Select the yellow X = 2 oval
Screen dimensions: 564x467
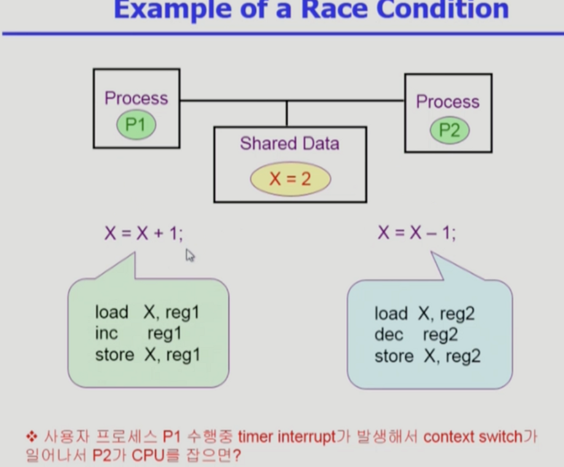pos(290,178)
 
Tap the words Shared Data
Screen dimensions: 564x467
pos(289,144)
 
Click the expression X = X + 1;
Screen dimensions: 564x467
pos(144,233)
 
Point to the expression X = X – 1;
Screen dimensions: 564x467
pos(417,233)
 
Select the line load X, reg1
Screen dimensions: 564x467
pos(147,312)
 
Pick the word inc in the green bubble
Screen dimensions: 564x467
pos(106,333)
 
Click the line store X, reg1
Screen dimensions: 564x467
pos(147,355)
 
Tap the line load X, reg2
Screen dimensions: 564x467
pos(425,314)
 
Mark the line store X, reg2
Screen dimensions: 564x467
pos(428,356)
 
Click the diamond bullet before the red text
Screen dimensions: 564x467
pos(31,437)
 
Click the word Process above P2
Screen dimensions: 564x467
pos(447,101)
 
